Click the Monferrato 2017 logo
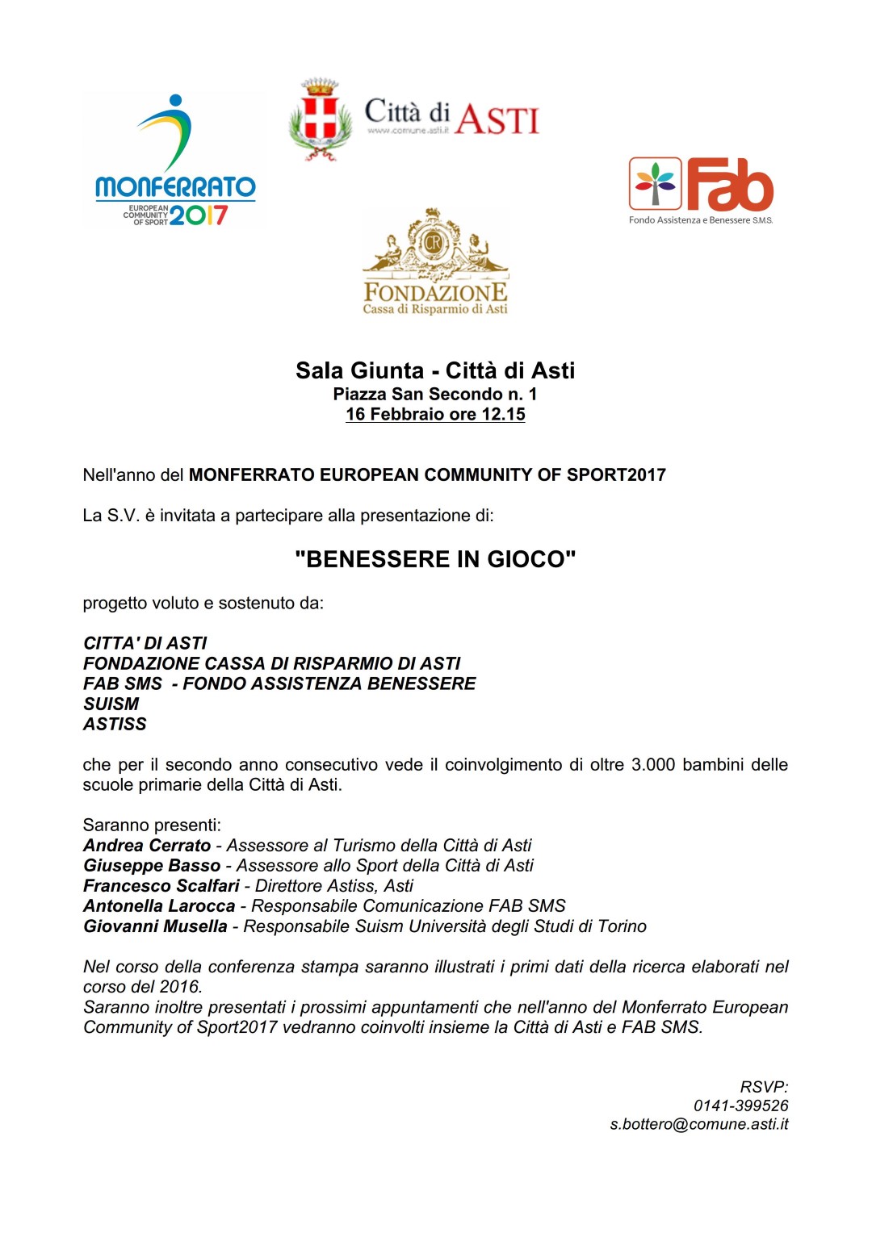(x=175, y=161)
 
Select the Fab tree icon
(x=655, y=184)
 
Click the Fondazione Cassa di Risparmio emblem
(x=434, y=242)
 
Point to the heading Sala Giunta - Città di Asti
(x=435, y=370)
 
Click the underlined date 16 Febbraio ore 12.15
(x=435, y=414)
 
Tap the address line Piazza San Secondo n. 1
(x=435, y=394)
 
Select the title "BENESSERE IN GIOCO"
(x=435, y=559)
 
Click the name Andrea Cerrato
(x=147, y=845)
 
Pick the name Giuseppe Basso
(x=152, y=865)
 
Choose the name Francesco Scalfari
(x=161, y=885)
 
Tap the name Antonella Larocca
(x=159, y=905)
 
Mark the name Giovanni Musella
(x=155, y=926)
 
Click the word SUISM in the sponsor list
(x=111, y=704)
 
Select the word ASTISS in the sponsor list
(x=115, y=724)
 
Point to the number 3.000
(x=652, y=764)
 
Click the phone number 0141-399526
(x=740, y=1106)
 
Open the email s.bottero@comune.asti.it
(x=698, y=1124)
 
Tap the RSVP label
(x=764, y=1087)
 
